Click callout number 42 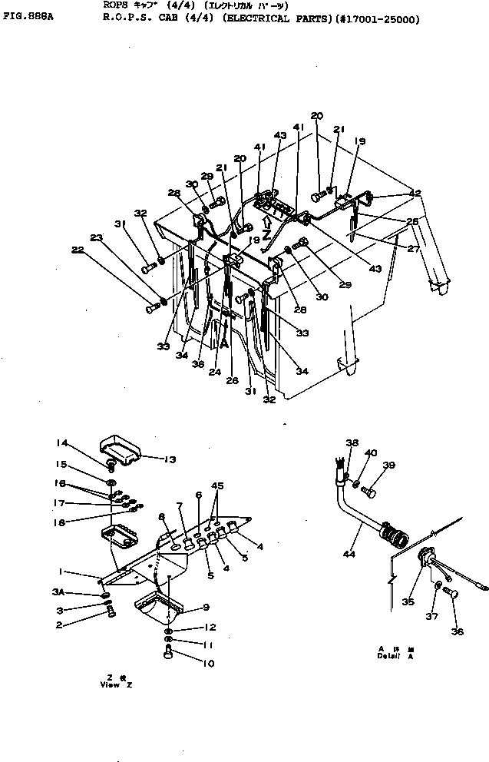[416, 194]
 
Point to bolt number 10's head [167, 653]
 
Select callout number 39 [390, 465]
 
